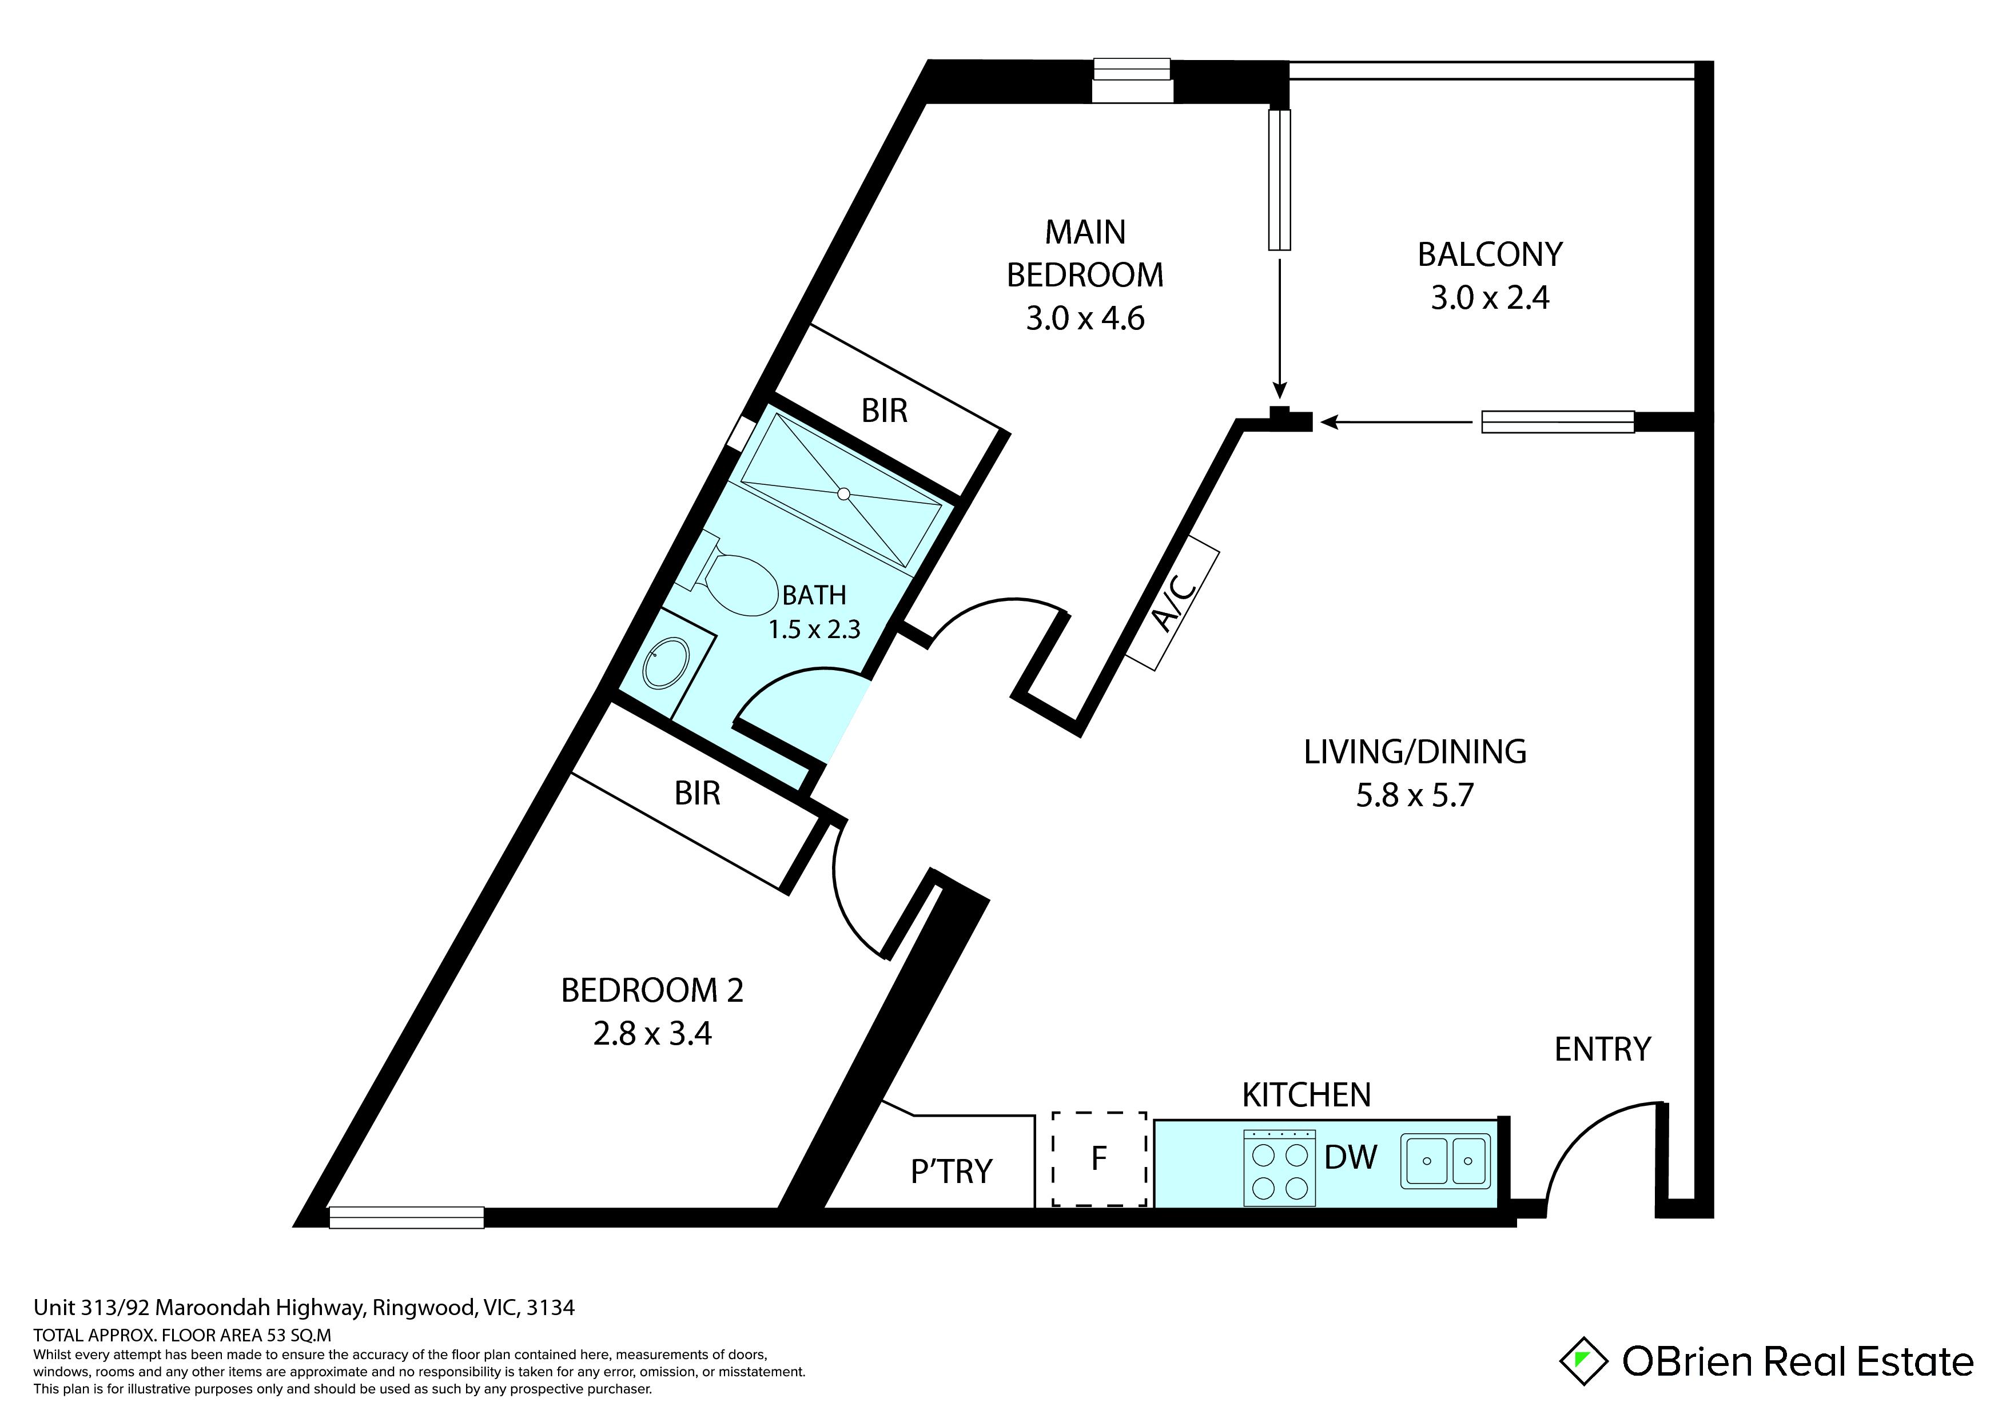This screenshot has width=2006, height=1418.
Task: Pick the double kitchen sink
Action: click(x=1446, y=1161)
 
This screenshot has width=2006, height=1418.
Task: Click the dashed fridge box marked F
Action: click(x=1099, y=1158)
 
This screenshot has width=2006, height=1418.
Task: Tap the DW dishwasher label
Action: click(x=1351, y=1158)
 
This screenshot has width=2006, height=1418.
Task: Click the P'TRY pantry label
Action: click(x=952, y=1171)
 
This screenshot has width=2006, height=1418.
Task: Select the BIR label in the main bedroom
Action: click(x=884, y=411)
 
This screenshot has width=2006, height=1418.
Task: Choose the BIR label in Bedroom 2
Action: click(x=697, y=793)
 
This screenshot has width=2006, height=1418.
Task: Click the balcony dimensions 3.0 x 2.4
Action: click(x=1490, y=298)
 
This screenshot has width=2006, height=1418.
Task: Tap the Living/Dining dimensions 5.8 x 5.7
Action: click(x=1415, y=795)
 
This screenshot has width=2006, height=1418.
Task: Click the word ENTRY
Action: click(x=1602, y=1049)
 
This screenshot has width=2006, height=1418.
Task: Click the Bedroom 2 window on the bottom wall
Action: click(x=406, y=1217)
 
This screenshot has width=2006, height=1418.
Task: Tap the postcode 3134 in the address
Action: click(x=551, y=1307)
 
